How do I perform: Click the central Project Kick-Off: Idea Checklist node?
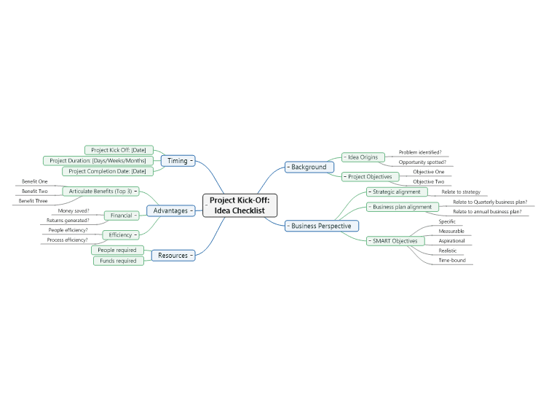click(x=240, y=205)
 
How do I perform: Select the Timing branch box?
click(x=178, y=161)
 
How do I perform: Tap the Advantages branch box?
click(x=171, y=210)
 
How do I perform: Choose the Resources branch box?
click(x=173, y=256)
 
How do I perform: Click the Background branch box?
click(x=309, y=167)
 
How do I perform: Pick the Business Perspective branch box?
click(x=322, y=226)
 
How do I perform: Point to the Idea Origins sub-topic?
click(x=363, y=157)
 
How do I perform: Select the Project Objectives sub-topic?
click(x=370, y=177)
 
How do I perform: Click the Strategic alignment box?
click(x=397, y=192)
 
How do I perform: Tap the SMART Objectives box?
click(x=395, y=241)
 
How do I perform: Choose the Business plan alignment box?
click(x=403, y=207)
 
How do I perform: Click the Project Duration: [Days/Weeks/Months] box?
click(x=98, y=161)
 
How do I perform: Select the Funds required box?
click(x=119, y=261)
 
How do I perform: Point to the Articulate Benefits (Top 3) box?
click(x=100, y=192)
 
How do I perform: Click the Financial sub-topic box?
click(x=122, y=216)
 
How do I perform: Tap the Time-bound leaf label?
click(x=452, y=260)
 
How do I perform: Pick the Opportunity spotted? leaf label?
click(x=422, y=162)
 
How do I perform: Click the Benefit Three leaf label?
click(x=33, y=201)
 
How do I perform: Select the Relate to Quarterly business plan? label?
click(x=490, y=202)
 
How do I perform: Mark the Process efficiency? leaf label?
click(x=67, y=240)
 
